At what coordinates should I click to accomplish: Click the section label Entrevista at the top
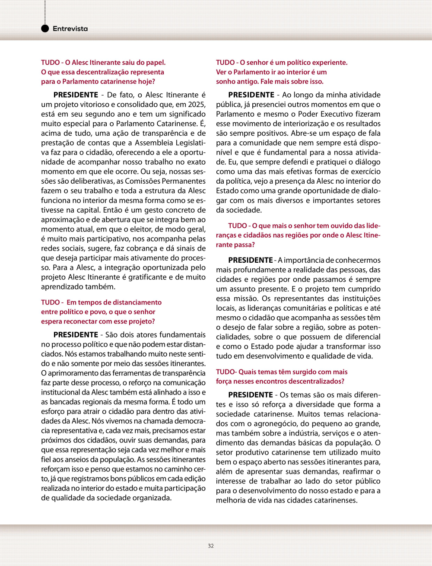[70, 29]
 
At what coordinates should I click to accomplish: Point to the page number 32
[211, 546]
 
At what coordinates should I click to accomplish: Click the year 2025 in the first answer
[197, 105]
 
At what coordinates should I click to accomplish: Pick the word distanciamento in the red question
[137, 302]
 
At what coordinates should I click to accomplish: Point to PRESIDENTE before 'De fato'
[76, 95]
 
